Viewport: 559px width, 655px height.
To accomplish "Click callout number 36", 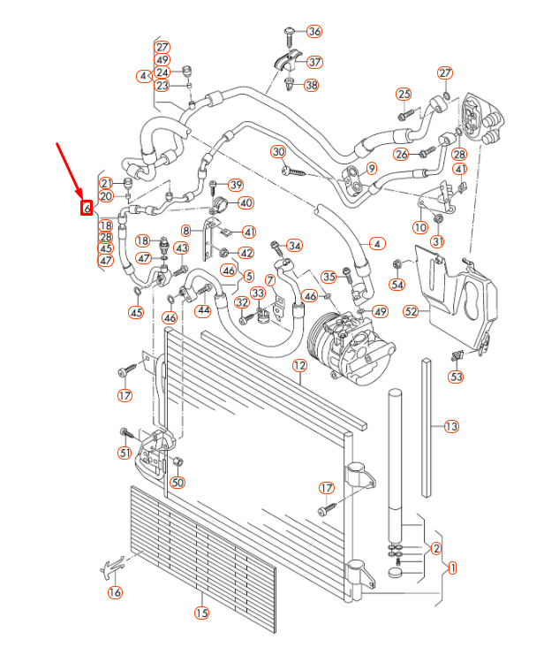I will (314, 31).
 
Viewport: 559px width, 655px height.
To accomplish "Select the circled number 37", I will (314, 62).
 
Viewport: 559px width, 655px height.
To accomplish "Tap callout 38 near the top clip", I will (311, 85).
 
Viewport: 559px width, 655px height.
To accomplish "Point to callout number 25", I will (404, 95).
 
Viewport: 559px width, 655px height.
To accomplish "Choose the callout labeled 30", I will (278, 152).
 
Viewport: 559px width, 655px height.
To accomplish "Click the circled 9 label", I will (372, 169).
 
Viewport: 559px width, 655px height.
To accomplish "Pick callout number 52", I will (411, 311).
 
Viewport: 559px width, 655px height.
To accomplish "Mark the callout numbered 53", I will (456, 377).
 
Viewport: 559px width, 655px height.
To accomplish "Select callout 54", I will (397, 285).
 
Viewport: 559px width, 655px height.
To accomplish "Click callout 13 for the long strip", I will (451, 427).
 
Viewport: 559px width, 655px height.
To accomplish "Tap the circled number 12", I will (299, 365).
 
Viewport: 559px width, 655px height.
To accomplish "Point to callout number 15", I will (201, 613).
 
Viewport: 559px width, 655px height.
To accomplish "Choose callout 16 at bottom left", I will (115, 592).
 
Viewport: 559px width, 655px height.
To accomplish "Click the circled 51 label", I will (125, 453).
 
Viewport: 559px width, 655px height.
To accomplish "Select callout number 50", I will (178, 483).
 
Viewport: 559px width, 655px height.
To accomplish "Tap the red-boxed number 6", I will (87, 209).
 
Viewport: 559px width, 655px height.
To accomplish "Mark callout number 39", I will (235, 185).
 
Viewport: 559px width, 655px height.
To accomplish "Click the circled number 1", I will (452, 567).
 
